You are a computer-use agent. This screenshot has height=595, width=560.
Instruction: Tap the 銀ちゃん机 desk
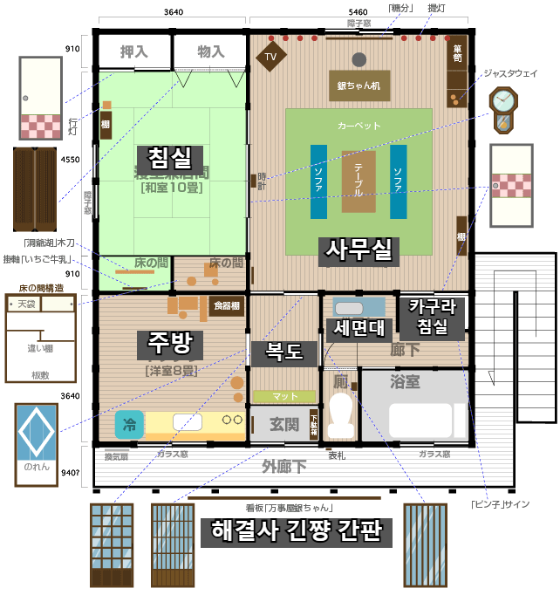pos(359,85)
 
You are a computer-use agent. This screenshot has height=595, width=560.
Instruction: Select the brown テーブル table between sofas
pos(359,181)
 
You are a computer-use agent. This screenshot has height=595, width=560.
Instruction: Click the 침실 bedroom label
pos(170,158)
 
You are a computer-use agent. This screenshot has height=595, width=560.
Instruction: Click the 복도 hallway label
pos(284,352)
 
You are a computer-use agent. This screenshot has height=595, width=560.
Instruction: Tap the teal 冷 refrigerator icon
pos(129,425)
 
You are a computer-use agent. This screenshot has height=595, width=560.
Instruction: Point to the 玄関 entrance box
pos(283,424)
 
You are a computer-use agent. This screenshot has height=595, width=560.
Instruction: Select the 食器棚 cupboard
pos(226,305)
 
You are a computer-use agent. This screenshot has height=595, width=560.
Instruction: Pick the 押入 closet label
pos(134,51)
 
